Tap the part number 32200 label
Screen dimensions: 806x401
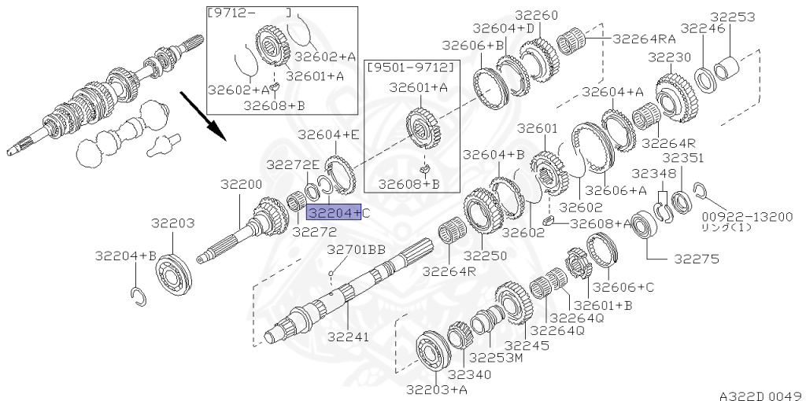tap(242, 184)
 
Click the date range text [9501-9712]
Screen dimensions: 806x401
tap(411, 68)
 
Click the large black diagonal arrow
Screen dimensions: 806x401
tap(202, 116)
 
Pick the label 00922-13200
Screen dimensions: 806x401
tap(748, 217)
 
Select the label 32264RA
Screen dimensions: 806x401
tap(644, 39)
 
